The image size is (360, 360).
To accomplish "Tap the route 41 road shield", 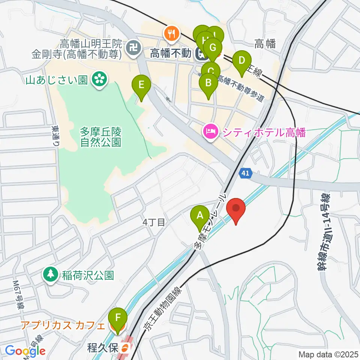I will coord(244,173).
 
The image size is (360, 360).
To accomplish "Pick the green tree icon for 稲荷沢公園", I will coord(49,274).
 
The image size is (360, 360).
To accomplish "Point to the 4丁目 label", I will coord(154,222).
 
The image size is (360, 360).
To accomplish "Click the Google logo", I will coord(25,351).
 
